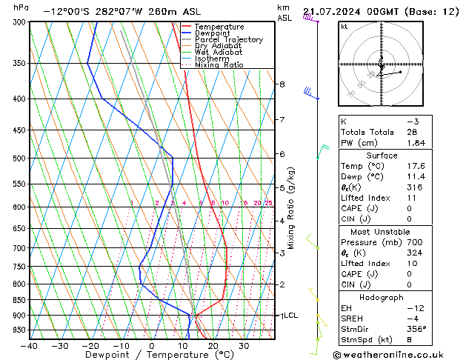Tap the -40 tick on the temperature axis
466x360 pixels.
pos(30,346)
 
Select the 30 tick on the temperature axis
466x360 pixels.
pos(243,346)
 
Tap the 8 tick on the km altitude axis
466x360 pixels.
pos(282,84)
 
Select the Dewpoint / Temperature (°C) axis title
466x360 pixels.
pos(152,355)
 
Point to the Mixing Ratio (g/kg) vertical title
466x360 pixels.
pos(293,207)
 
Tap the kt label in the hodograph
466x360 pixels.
pos(344,26)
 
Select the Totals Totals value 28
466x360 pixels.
pos(412,132)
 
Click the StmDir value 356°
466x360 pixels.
pos(417,329)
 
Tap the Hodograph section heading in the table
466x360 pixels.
pos(382,297)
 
